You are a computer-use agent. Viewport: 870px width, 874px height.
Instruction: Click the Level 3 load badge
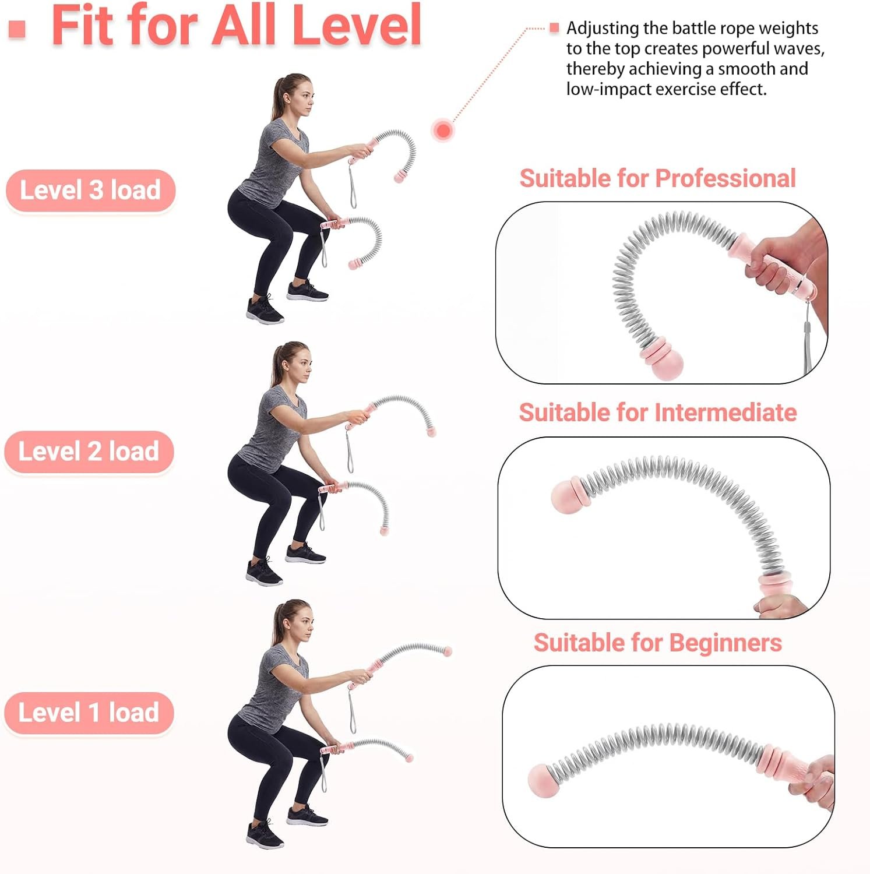pyautogui.click(x=90, y=191)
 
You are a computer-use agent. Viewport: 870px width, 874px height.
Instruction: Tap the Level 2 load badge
pyautogui.click(x=89, y=452)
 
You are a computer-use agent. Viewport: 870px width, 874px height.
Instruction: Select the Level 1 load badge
pyautogui.click(x=89, y=713)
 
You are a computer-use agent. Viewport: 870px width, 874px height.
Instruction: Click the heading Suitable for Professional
pyautogui.click(x=657, y=178)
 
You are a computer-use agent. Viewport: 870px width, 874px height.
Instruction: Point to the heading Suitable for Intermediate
pyautogui.click(x=658, y=413)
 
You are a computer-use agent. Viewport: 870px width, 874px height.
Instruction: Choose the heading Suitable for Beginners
pyautogui.click(x=658, y=643)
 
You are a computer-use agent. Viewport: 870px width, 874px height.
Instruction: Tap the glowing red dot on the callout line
pyautogui.click(x=443, y=130)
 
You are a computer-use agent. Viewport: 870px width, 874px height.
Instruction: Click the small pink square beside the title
pyautogui.click(x=17, y=29)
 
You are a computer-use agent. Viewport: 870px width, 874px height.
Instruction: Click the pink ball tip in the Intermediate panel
pyautogui.click(x=565, y=497)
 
